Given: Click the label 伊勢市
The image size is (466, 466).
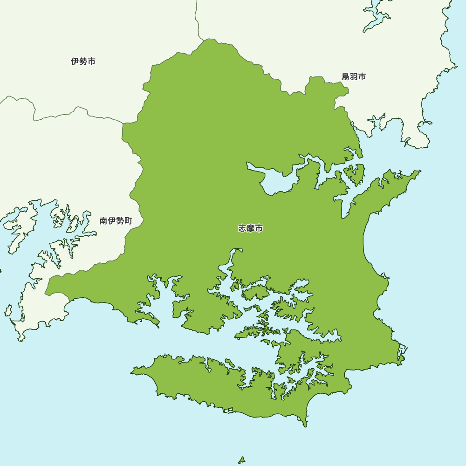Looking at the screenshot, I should tap(83, 62).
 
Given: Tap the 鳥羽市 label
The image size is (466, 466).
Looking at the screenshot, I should tap(354, 77).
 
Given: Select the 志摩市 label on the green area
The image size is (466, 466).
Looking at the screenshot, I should tap(251, 228).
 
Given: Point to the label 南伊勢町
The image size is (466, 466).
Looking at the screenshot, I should tap(116, 221).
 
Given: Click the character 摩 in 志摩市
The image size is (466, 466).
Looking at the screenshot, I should tap(251, 228).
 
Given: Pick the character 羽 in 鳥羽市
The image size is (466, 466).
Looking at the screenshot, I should tap(354, 77).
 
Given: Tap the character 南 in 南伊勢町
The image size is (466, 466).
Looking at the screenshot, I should tap(104, 221).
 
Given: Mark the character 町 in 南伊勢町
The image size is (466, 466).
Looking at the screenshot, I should tap(128, 221).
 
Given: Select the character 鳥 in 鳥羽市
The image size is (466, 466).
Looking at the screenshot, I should tap(346, 77).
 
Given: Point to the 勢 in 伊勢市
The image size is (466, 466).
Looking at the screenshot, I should tap(83, 62).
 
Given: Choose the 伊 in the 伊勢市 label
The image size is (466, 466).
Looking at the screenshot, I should tap(75, 62).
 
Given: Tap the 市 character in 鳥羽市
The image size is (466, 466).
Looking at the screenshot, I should tap(362, 77).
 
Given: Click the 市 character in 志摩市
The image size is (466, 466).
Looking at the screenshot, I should tap(259, 228).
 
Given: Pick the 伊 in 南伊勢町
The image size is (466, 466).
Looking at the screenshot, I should tap(112, 221).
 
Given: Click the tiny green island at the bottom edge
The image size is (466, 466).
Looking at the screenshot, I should tap(242, 460).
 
